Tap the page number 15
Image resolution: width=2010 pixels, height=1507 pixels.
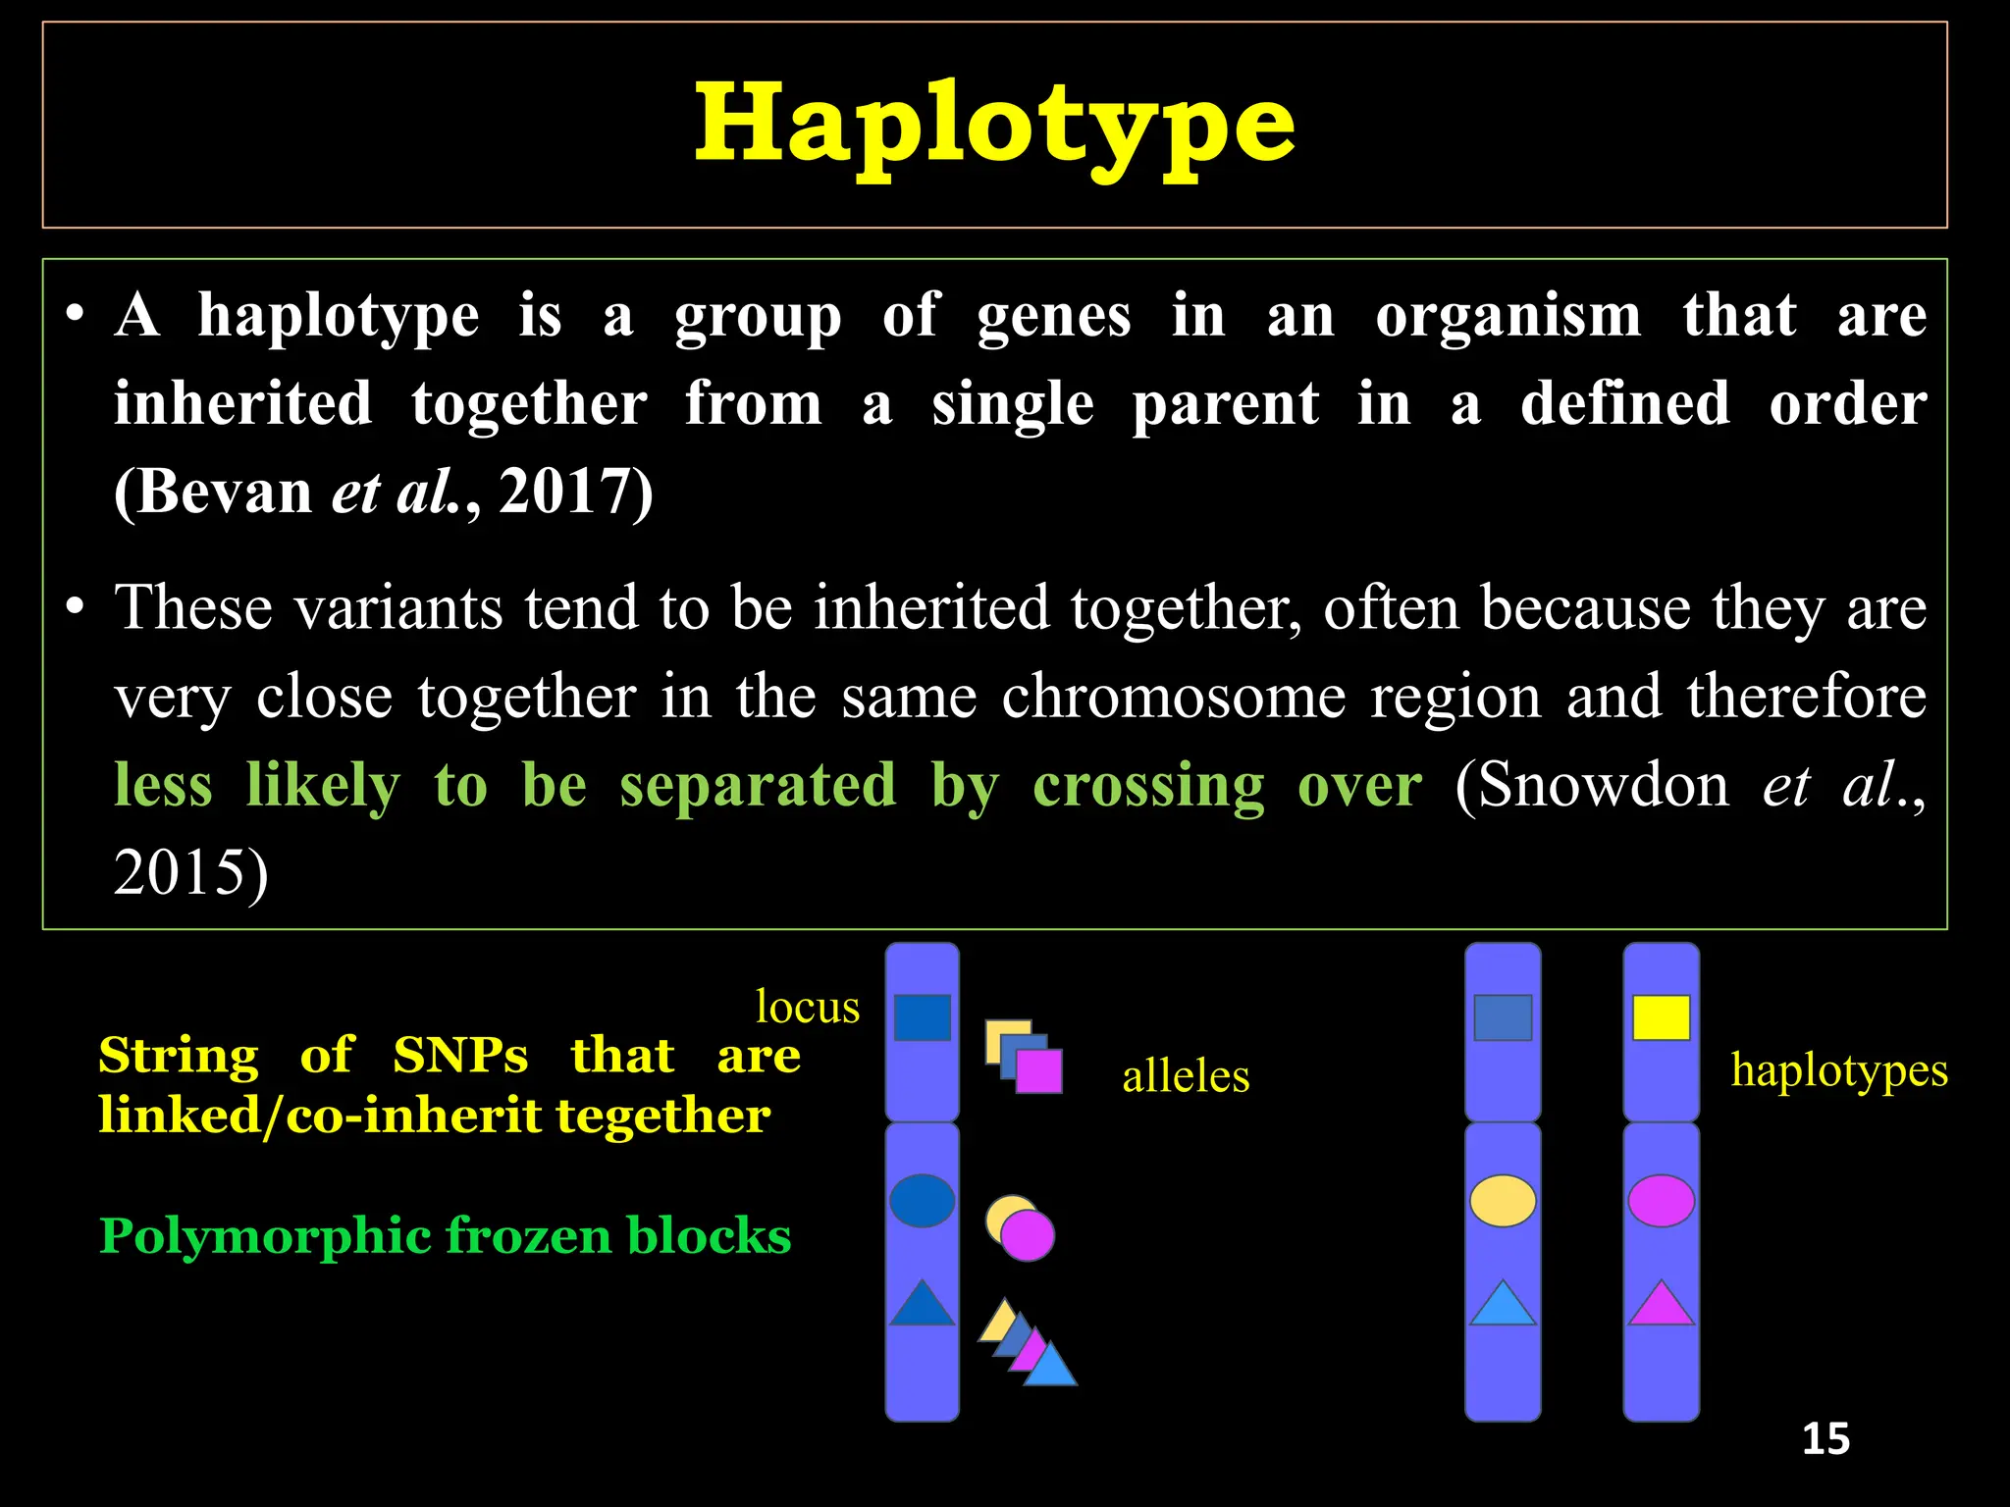tap(1825, 1439)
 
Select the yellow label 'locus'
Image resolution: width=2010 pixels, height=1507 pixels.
tap(807, 1007)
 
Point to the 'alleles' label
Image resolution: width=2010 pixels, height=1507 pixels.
tap(1186, 1076)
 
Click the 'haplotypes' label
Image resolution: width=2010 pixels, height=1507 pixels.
tap(1838, 1069)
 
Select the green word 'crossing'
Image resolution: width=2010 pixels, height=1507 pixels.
tap(1148, 785)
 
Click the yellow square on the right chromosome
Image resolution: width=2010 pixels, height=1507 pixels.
tap(1661, 1017)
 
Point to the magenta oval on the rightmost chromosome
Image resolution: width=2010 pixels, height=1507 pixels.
tap(1661, 1200)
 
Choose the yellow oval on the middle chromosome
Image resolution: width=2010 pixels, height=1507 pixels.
tap(1503, 1200)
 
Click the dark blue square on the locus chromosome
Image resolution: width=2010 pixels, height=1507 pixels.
tap(922, 1017)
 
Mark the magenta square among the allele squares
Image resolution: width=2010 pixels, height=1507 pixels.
tap(1039, 1071)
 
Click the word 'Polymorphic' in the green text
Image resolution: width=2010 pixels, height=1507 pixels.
tap(265, 1236)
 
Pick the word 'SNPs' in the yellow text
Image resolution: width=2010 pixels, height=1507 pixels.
tap(460, 1056)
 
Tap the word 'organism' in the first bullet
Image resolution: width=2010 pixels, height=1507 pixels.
tap(1507, 316)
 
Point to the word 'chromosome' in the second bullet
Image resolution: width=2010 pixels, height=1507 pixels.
tap(1174, 697)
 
